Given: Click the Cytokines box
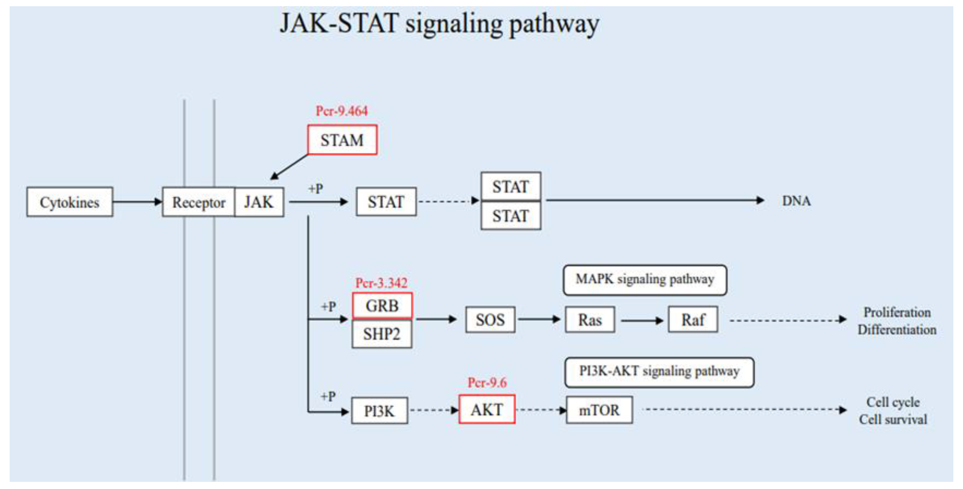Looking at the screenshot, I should point(70,202).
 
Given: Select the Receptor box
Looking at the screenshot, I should point(199,202).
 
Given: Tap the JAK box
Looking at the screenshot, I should point(259,202).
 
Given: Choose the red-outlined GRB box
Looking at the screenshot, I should point(382,306).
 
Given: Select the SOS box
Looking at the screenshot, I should point(490,320).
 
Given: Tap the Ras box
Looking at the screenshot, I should point(590,320).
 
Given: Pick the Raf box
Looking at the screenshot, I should point(693,320).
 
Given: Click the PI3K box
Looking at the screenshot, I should point(379,411).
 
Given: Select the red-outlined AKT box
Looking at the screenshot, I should point(487,409).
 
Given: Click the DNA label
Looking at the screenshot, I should point(796,201).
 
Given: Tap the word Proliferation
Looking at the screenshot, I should point(897,312).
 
